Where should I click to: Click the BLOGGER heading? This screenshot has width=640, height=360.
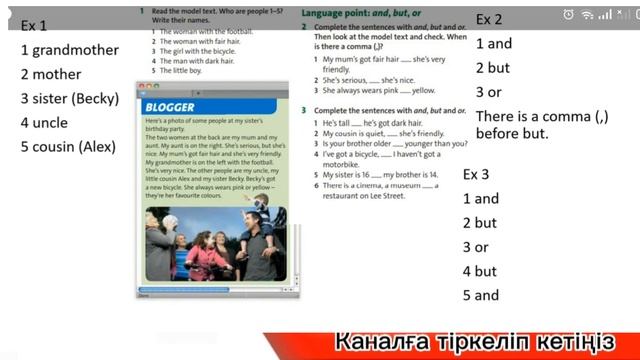tap(169, 107)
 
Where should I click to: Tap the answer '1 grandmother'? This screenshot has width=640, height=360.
tap(70, 50)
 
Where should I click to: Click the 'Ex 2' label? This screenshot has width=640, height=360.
tap(489, 19)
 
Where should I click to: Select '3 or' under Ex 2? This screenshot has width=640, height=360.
tap(489, 92)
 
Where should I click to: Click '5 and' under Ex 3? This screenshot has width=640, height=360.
tap(481, 295)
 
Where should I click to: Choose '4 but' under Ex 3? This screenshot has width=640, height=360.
tap(480, 271)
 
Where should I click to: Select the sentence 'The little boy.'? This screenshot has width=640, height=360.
tap(184, 71)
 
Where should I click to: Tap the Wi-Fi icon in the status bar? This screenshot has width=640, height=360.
tap(587, 15)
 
